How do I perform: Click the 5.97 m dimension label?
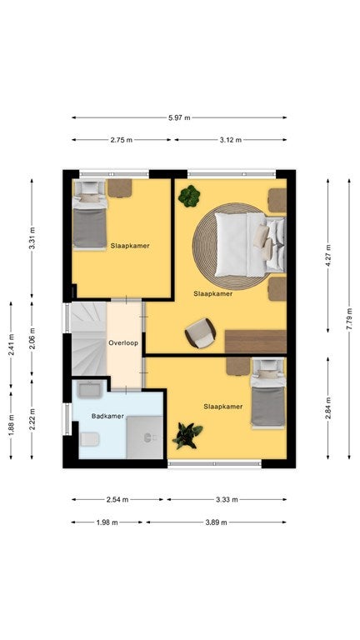pos(179,118)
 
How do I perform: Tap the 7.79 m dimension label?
pos(349,319)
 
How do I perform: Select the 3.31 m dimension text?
pos(32,238)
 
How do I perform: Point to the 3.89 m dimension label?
pos(216,522)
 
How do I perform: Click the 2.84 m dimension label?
pos(327,407)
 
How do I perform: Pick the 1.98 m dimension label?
pos(107,522)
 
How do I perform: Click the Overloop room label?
pos(122,342)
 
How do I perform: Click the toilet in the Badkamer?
pos(90,439)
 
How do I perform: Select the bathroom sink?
pos(90,390)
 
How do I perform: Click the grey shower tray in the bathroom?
pos(144,437)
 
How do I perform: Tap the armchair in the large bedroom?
pos(200,333)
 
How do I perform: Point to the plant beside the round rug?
pos(189,196)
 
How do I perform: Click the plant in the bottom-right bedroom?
pos(187,435)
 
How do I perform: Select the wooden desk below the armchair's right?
pos(256,342)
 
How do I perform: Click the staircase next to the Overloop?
pos(89,339)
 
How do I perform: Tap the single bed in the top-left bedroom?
pos(90,215)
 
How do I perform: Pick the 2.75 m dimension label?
pos(121,140)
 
